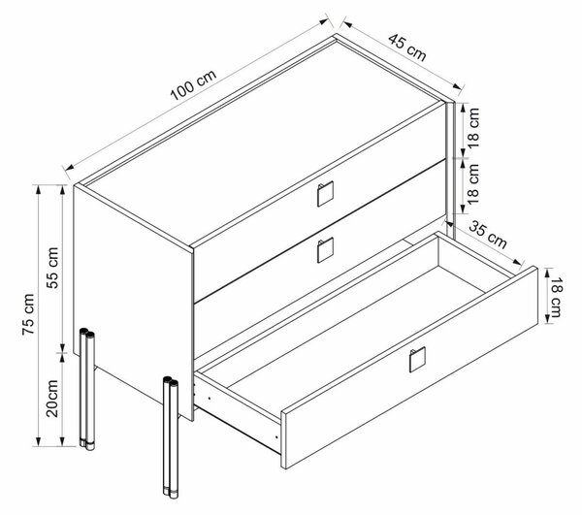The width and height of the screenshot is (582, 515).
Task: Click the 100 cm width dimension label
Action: click(x=193, y=85)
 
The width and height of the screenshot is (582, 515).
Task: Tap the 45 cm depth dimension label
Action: click(x=407, y=48)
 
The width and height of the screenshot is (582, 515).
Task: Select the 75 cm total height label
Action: click(x=28, y=314)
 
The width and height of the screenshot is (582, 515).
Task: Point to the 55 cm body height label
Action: click(x=52, y=268)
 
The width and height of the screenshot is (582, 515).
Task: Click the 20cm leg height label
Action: click(x=52, y=398)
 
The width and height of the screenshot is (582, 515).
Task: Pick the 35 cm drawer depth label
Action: click(x=488, y=235)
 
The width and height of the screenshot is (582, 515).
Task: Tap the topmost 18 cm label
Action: click(x=473, y=128)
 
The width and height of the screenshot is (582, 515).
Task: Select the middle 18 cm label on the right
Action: click(x=473, y=184)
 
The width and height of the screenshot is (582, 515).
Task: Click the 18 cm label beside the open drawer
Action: click(x=556, y=297)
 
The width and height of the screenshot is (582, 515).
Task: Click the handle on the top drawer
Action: click(x=325, y=194)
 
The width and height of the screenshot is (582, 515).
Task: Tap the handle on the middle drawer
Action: click(x=325, y=250)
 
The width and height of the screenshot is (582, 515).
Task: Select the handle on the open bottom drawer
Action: click(x=417, y=360)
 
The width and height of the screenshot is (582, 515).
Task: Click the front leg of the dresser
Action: click(x=171, y=437)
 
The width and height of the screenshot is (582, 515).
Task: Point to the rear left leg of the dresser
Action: click(x=87, y=389)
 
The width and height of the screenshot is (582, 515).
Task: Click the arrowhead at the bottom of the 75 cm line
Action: click(x=38, y=441)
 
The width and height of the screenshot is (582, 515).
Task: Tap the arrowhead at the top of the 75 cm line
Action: click(x=38, y=189)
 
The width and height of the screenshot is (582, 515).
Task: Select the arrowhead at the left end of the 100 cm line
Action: click(x=70, y=167)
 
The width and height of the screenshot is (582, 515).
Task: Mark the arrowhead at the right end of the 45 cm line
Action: click(x=457, y=87)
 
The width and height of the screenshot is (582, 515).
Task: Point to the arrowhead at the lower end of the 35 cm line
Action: click(x=517, y=262)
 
